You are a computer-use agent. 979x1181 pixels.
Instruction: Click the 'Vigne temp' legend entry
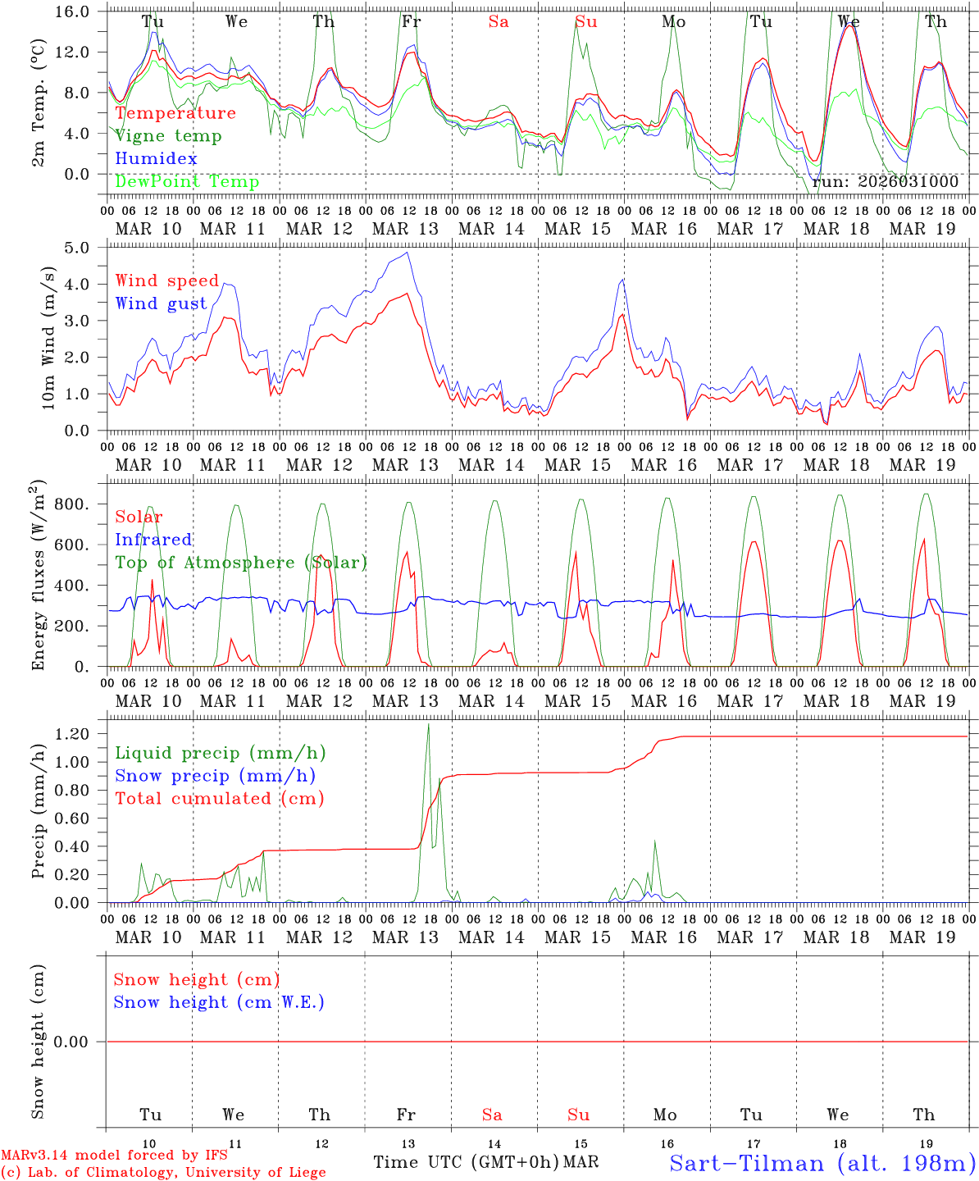tap(168, 136)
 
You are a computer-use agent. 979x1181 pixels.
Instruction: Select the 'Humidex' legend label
tap(156, 159)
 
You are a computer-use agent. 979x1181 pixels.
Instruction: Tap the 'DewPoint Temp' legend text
tap(187, 182)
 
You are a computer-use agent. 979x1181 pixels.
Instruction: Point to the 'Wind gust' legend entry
tap(161, 303)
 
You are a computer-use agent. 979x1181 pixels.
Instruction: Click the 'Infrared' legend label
tap(153, 540)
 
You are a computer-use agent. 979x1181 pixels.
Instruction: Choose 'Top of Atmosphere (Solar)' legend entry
tap(241, 563)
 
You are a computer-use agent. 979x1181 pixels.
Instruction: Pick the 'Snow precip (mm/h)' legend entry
tap(215, 776)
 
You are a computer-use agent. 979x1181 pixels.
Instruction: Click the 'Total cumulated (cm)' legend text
tap(219, 798)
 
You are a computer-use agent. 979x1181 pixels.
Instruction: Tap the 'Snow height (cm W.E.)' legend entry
tap(219, 1002)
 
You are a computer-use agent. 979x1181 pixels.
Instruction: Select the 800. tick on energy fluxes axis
tap(82, 504)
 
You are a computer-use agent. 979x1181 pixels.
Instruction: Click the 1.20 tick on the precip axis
tap(82, 734)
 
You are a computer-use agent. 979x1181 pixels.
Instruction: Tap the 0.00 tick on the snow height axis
tap(82, 1042)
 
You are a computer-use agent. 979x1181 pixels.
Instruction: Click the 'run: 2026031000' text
tap(885, 182)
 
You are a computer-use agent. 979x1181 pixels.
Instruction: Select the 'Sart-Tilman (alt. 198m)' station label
tap(822, 1163)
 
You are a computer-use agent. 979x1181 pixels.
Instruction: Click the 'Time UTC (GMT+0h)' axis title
tap(467, 1162)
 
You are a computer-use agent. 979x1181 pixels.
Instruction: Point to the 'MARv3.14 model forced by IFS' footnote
tap(114, 1156)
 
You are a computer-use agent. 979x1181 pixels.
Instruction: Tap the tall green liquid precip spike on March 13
tap(428, 726)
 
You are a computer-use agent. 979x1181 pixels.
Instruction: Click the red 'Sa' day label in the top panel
tap(498, 22)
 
